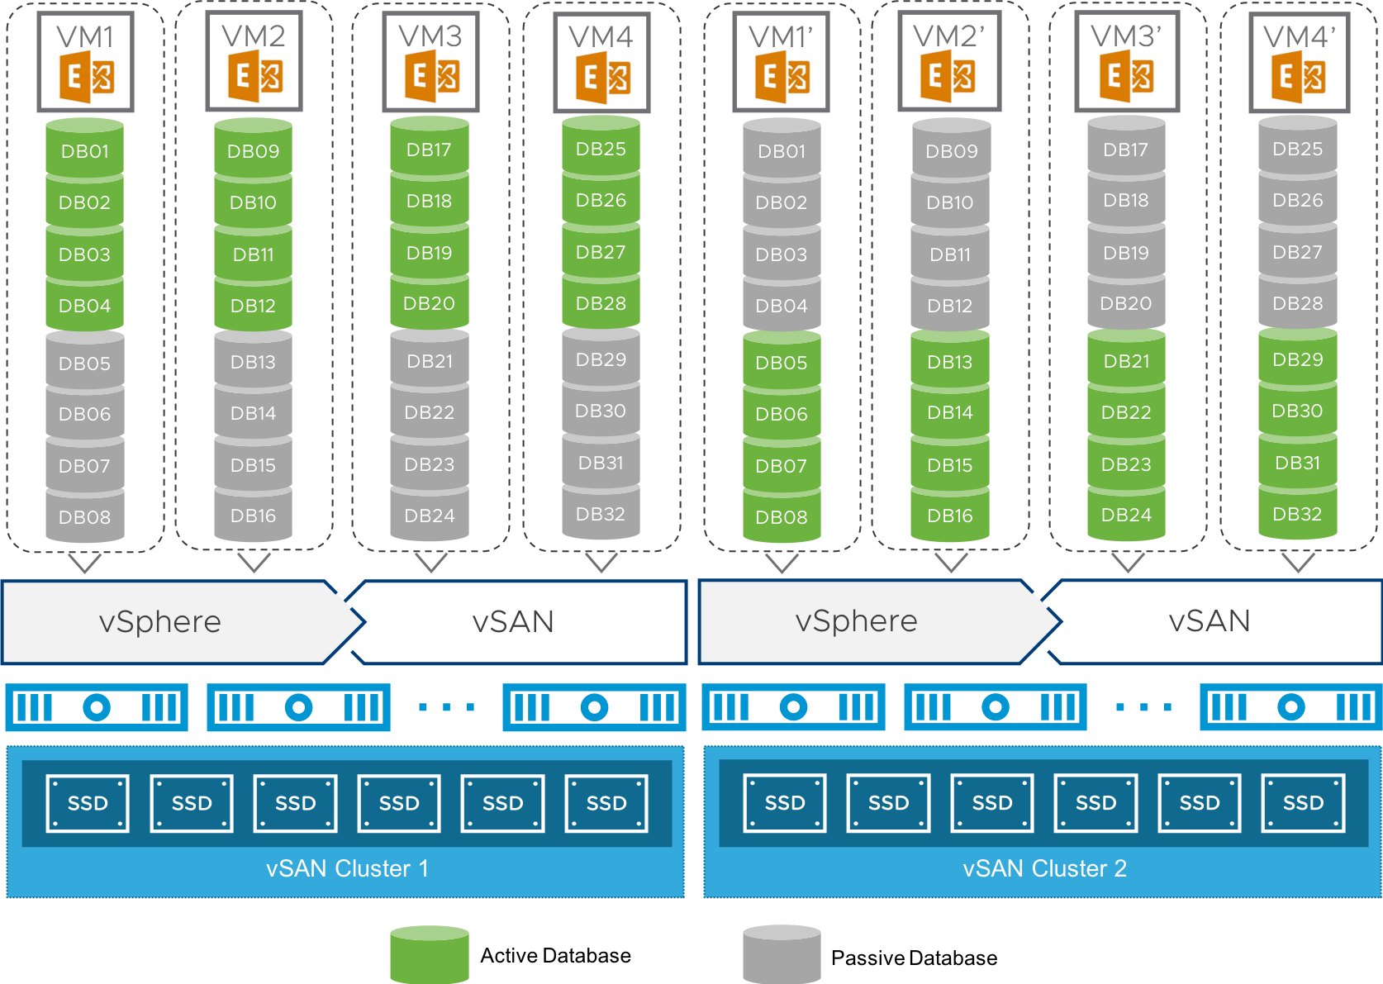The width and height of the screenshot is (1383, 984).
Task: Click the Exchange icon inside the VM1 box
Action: [x=87, y=77]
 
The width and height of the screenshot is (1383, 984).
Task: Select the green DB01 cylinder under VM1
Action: [x=85, y=151]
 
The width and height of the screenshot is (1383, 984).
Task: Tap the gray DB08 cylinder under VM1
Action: [x=85, y=516]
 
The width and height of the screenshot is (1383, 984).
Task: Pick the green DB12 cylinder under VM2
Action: [x=253, y=305]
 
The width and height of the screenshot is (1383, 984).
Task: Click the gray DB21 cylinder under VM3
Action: [x=430, y=361]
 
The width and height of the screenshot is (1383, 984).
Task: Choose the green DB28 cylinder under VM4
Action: [x=601, y=303]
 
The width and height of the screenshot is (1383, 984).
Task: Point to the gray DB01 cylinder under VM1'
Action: [x=782, y=151]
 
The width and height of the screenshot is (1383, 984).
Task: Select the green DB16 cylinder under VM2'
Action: [x=950, y=516]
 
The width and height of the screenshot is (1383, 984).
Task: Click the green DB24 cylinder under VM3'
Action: [x=1126, y=515]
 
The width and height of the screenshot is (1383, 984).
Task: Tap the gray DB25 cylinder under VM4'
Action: [x=1297, y=149]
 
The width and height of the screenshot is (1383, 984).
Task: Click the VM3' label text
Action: [x=1126, y=35]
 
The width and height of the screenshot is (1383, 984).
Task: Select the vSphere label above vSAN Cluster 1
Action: [x=160, y=621]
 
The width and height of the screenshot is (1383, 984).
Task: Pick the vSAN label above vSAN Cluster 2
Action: [x=1209, y=620]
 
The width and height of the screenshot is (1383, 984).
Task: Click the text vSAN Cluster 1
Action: [x=347, y=868]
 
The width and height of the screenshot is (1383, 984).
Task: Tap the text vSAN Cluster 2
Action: [x=1044, y=868]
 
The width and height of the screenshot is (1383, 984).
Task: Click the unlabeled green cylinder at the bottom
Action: [x=430, y=955]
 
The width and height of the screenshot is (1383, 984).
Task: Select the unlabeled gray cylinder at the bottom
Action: [x=782, y=955]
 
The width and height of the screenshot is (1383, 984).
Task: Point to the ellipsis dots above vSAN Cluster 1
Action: [x=446, y=707]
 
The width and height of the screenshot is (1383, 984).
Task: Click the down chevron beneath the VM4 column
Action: [x=601, y=563]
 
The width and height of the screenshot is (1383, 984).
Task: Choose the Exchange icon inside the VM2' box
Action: [x=948, y=77]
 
